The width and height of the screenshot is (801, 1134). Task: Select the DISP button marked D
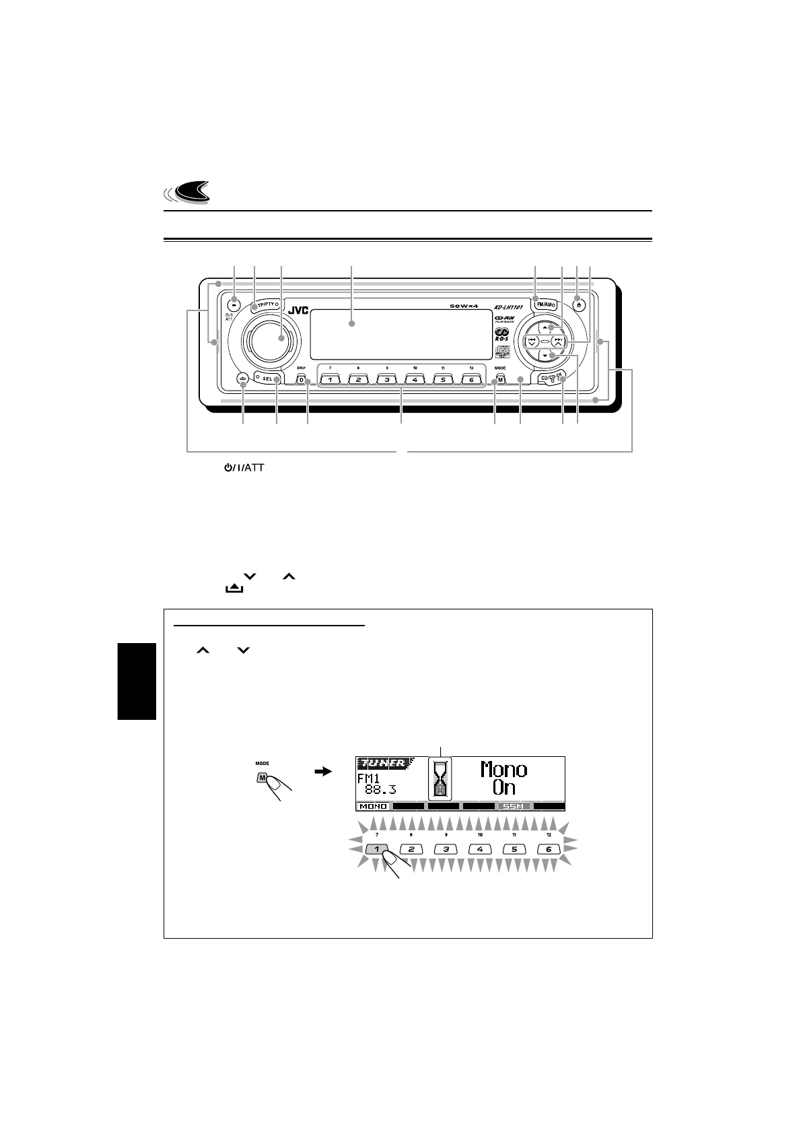tap(301, 380)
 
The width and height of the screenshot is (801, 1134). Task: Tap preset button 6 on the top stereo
tap(472, 380)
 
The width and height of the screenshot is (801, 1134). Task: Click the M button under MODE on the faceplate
tap(500, 380)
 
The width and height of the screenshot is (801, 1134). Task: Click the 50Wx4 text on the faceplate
tap(468, 307)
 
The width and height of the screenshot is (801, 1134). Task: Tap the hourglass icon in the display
tap(440, 784)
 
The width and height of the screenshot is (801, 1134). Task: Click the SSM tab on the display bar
tap(514, 806)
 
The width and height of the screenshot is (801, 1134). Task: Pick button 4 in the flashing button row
tap(480, 849)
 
